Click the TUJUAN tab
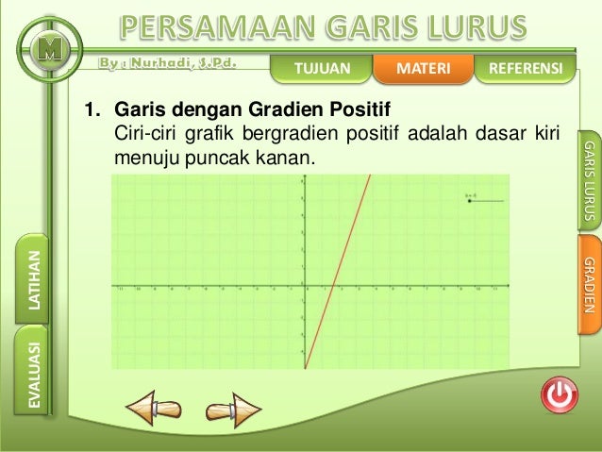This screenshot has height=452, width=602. (x=322, y=69)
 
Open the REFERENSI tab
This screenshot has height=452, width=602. (x=520, y=69)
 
